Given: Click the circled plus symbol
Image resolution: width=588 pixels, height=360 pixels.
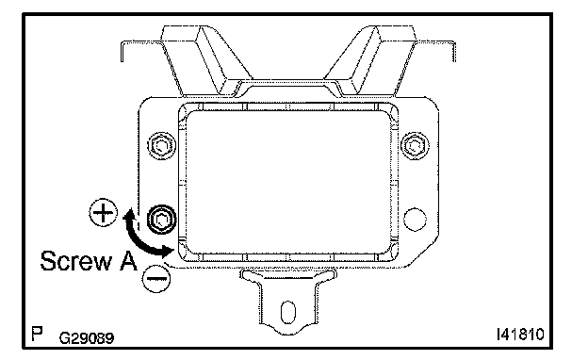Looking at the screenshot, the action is [103, 212].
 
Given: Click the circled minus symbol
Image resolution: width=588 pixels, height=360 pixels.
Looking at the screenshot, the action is [156, 278].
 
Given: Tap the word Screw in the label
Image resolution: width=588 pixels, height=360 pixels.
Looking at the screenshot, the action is [76, 261].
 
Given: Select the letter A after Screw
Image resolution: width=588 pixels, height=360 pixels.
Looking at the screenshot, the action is [128, 261].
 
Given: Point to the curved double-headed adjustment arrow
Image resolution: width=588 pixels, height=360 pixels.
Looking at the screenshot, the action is [137, 239].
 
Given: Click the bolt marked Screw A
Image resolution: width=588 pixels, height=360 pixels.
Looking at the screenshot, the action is [162, 220].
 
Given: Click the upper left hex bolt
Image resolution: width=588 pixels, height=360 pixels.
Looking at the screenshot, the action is [162, 145].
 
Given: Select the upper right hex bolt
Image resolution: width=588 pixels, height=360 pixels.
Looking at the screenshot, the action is [415, 145].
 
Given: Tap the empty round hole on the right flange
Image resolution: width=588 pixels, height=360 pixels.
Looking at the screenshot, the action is [415, 219].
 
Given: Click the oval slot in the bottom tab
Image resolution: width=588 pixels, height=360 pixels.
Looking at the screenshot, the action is [288, 312].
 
